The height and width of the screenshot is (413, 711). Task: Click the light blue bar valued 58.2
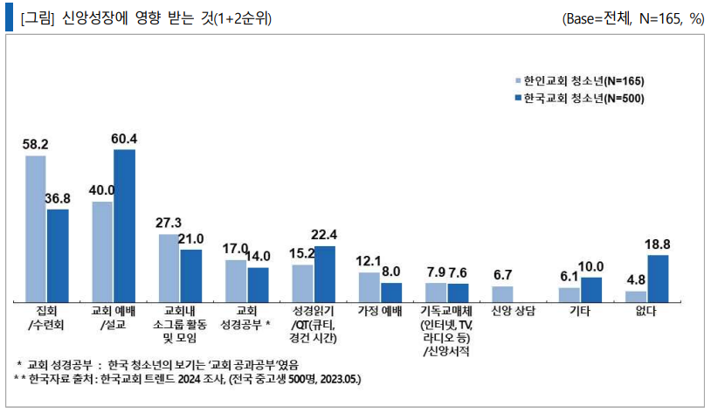tap(36, 228)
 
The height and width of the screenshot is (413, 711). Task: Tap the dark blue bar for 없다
tap(658, 278)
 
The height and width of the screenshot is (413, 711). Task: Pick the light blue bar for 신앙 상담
tap(501, 293)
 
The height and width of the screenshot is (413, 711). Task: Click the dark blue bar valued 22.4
tap(324, 273)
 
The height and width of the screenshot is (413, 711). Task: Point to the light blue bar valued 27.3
tap(169, 267)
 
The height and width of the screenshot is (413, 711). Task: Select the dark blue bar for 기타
tap(590, 289)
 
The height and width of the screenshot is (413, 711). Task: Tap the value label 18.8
tap(658, 245)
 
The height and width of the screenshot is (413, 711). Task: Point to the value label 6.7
tap(501, 275)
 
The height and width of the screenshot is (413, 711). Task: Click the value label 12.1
tap(369, 262)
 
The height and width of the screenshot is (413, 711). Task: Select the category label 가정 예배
tap(379, 311)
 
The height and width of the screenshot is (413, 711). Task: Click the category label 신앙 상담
tap(513, 311)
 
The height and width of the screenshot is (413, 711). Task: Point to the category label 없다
tap(646, 311)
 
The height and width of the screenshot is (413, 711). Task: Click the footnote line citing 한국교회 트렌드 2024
tap(188, 380)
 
